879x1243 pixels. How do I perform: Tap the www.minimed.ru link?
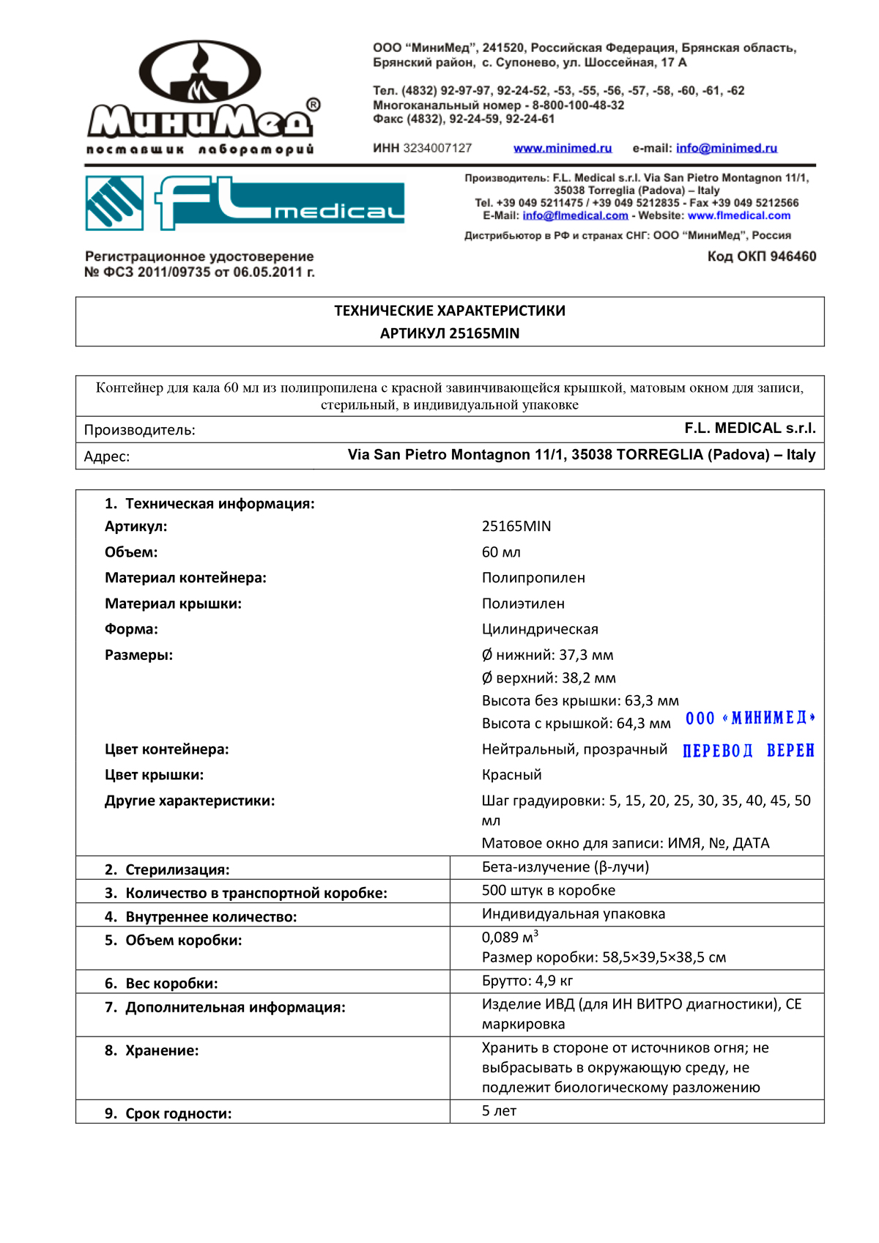point(562,148)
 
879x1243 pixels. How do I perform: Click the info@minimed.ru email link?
point(726,148)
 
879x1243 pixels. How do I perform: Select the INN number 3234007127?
point(437,148)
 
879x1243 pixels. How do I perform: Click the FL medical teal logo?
point(245,203)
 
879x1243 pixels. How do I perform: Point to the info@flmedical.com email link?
point(575,215)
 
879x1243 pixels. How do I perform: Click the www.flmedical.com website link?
point(738,215)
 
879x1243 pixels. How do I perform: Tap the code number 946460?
point(793,256)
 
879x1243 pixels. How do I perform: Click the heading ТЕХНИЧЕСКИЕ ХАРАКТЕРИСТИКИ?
point(449,311)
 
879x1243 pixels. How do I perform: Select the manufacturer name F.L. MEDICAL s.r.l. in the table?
point(749,428)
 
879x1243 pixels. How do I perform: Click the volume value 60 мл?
point(501,552)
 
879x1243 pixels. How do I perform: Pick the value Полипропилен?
point(533,578)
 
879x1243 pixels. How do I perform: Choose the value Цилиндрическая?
point(540,629)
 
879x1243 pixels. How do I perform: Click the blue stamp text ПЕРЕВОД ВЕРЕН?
point(748,751)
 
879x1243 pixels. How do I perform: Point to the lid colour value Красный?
point(511,775)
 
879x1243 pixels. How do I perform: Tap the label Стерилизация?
point(177,869)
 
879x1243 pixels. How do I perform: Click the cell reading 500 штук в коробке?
point(548,891)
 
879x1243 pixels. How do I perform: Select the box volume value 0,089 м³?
point(510,938)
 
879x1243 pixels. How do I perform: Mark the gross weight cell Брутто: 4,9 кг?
point(527,981)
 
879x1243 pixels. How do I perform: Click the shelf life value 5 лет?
point(499,1111)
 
